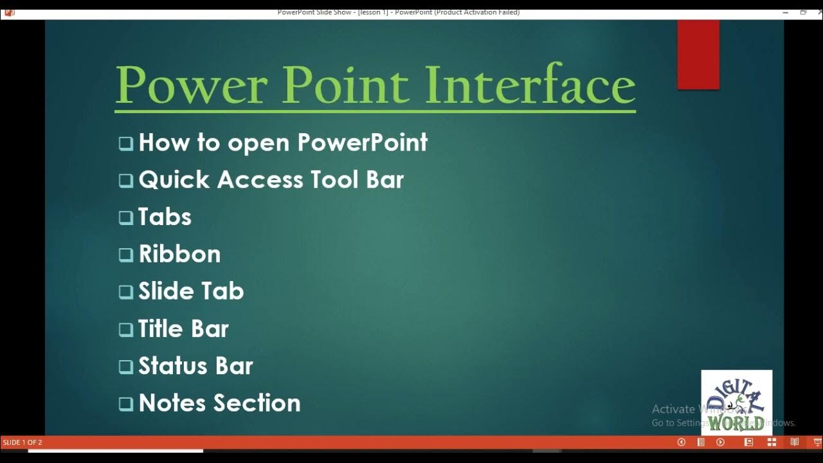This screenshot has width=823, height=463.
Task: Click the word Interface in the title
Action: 530,85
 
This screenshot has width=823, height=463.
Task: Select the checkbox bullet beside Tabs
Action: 125,217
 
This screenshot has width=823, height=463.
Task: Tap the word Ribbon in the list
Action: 179,254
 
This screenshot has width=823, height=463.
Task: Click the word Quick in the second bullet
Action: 174,180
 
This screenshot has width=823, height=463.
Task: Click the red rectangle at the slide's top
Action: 698,55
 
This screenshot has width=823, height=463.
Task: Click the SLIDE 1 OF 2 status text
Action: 23,442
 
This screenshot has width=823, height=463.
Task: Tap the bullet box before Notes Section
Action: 125,404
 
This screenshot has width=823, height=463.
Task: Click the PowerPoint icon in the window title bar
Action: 9,12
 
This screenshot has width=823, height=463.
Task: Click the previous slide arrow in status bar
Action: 682,442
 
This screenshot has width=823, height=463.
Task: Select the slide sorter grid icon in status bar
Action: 772,442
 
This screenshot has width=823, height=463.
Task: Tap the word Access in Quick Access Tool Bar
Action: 260,180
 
